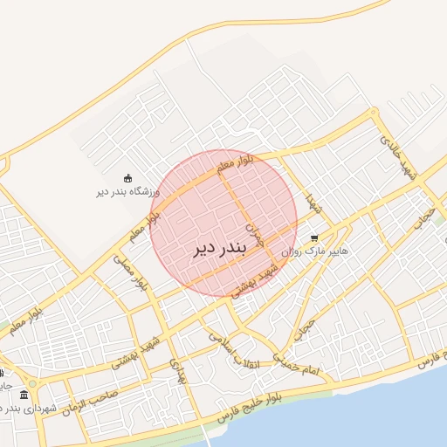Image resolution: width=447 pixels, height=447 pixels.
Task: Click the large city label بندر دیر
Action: [220, 247]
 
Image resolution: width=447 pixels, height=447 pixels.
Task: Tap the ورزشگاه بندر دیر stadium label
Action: [128, 190]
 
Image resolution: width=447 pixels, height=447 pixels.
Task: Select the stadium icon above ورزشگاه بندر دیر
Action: [128, 177]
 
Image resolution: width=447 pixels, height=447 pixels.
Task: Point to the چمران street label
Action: [252, 229]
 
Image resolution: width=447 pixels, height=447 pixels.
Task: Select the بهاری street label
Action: [178, 371]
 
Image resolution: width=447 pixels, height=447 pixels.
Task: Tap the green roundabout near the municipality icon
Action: [32, 382]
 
